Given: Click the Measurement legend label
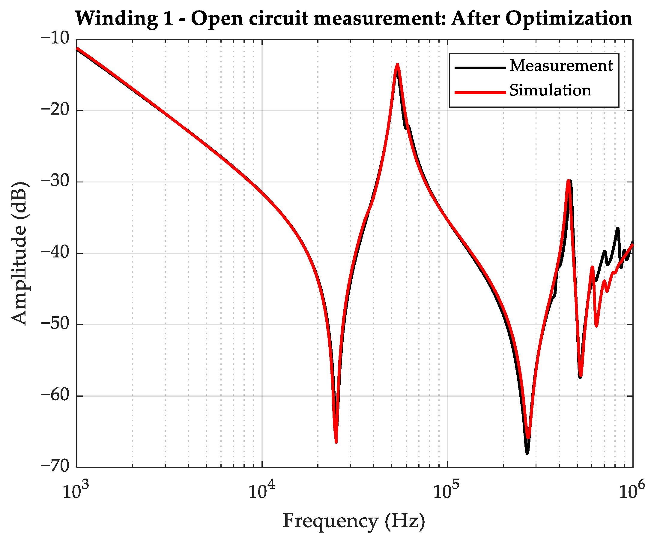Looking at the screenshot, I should (561, 66).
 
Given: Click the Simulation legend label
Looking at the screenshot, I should (550, 90).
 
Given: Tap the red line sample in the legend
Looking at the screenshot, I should (480, 92).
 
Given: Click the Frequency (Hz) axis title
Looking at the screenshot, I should (354, 520).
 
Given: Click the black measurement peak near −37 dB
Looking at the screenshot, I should (617, 229).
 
